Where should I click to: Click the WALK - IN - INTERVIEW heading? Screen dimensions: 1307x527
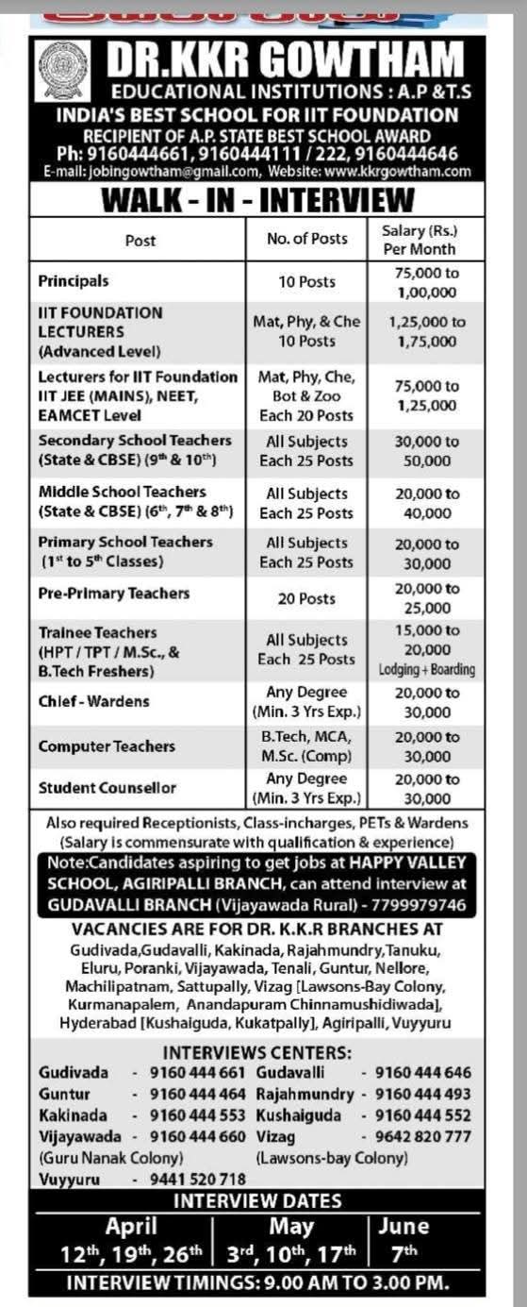coord(257,200)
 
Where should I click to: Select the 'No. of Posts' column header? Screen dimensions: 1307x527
coord(306,240)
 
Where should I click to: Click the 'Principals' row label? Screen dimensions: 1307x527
coord(74,281)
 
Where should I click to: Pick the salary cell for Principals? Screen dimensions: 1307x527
coord(425,282)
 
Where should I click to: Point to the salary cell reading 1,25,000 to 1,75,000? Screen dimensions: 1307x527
coord(426,331)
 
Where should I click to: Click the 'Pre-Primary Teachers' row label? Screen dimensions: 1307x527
coord(114,594)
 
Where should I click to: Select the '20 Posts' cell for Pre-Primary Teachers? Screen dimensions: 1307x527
coord(306,598)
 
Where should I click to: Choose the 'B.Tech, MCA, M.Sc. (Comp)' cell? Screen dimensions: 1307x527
coord(306,746)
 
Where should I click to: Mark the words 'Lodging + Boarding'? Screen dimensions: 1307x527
coord(427,670)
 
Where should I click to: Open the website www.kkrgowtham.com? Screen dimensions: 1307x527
coord(397,172)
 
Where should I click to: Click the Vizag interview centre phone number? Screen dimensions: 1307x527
coord(422,1136)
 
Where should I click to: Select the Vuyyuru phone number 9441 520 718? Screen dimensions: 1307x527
coord(198,1179)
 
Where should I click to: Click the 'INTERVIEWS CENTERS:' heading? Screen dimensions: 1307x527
coord(257,1052)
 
